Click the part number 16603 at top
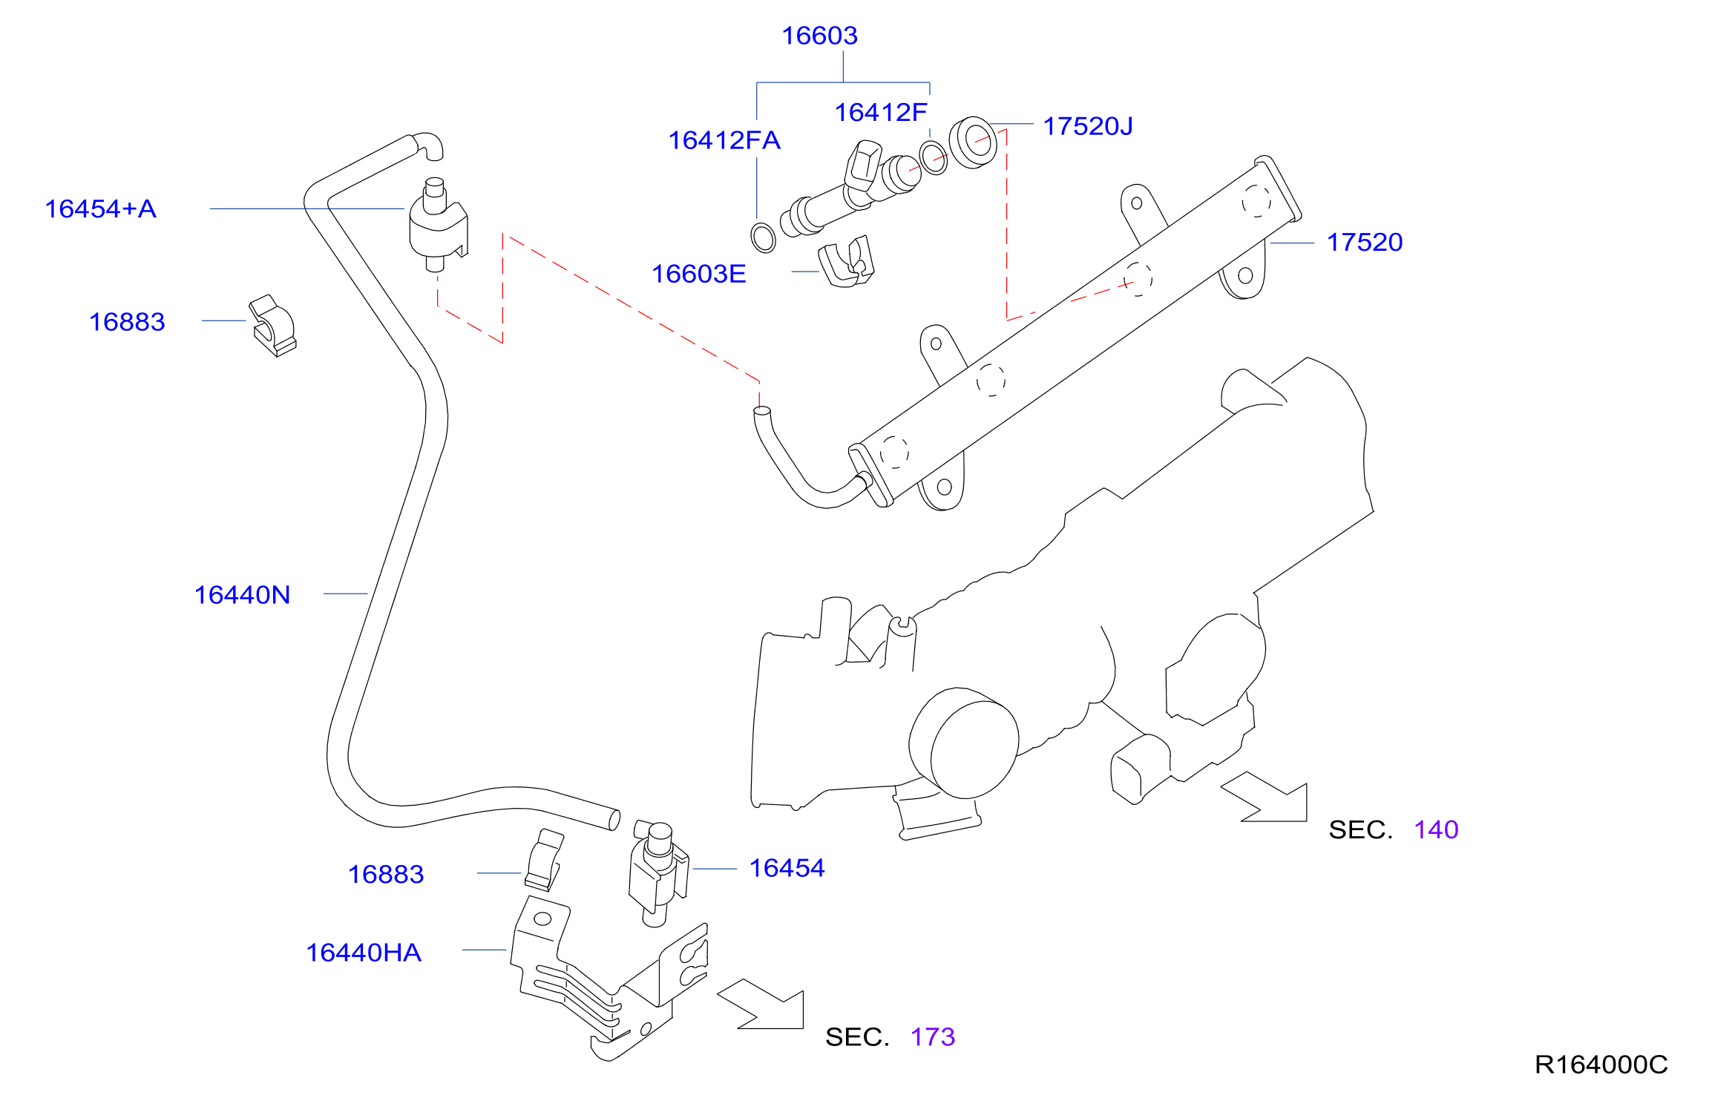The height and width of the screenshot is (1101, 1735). (819, 36)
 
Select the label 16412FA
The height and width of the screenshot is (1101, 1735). (724, 140)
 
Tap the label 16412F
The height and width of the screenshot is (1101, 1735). (881, 113)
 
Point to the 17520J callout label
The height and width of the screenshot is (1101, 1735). (1088, 126)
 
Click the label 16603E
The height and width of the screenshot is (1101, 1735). (698, 274)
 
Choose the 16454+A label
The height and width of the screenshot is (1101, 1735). (101, 208)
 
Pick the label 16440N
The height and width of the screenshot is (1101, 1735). (242, 595)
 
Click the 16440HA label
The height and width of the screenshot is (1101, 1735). (364, 953)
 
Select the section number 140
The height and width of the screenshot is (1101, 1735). (1436, 829)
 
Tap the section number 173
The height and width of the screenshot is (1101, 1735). (933, 1036)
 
